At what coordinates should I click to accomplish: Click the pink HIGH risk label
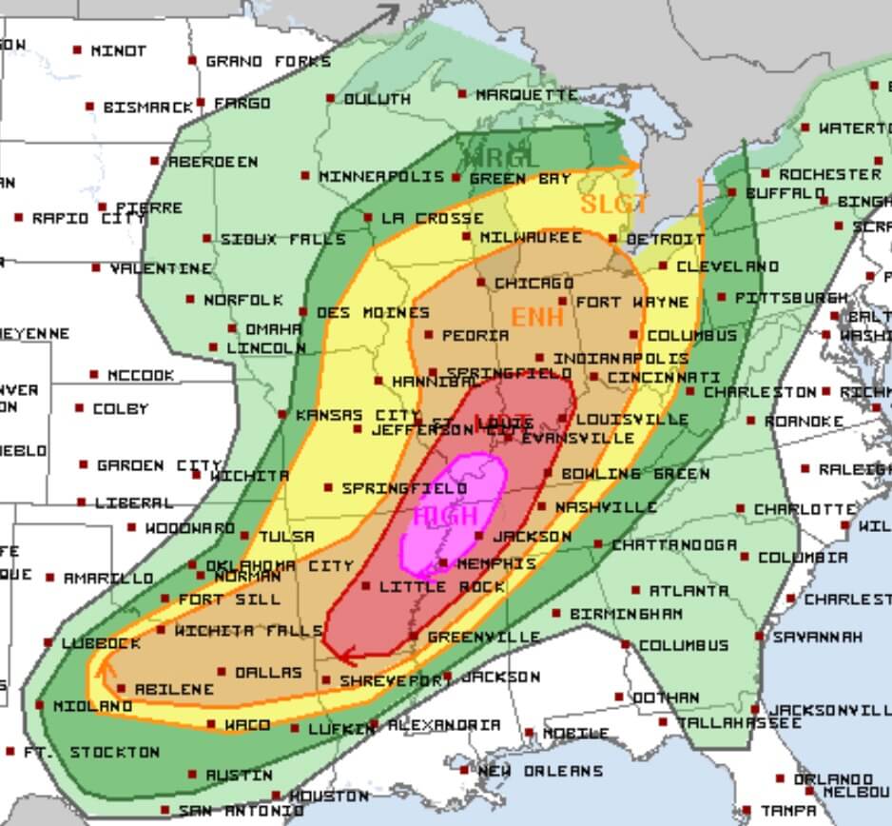pos(446,516)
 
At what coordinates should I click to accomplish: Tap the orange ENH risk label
pos(538,317)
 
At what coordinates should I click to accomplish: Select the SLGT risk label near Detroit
pos(614,204)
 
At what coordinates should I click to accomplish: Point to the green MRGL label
pos(500,158)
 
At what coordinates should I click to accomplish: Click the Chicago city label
pos(533,284)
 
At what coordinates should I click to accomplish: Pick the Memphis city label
pos(496,563)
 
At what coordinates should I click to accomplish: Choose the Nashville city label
pos(605,507)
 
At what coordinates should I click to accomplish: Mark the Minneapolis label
pos(381,177)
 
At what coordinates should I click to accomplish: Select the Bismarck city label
pos(147,108)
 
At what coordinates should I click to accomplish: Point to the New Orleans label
pos(539,771)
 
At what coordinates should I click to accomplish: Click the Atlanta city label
pos(689,591)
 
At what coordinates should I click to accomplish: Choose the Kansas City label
pos(358,416)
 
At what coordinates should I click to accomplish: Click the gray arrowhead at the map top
pos(389,12)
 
